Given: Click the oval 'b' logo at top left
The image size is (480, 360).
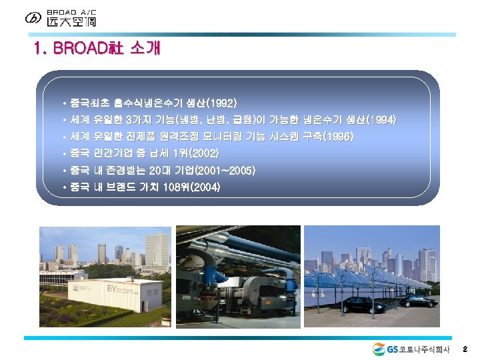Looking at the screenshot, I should point(33,18).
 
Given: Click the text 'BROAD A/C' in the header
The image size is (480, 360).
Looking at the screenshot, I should point(71,11).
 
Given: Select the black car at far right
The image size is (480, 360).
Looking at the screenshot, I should point(417,301).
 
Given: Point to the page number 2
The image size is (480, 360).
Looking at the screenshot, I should point(465,349).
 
